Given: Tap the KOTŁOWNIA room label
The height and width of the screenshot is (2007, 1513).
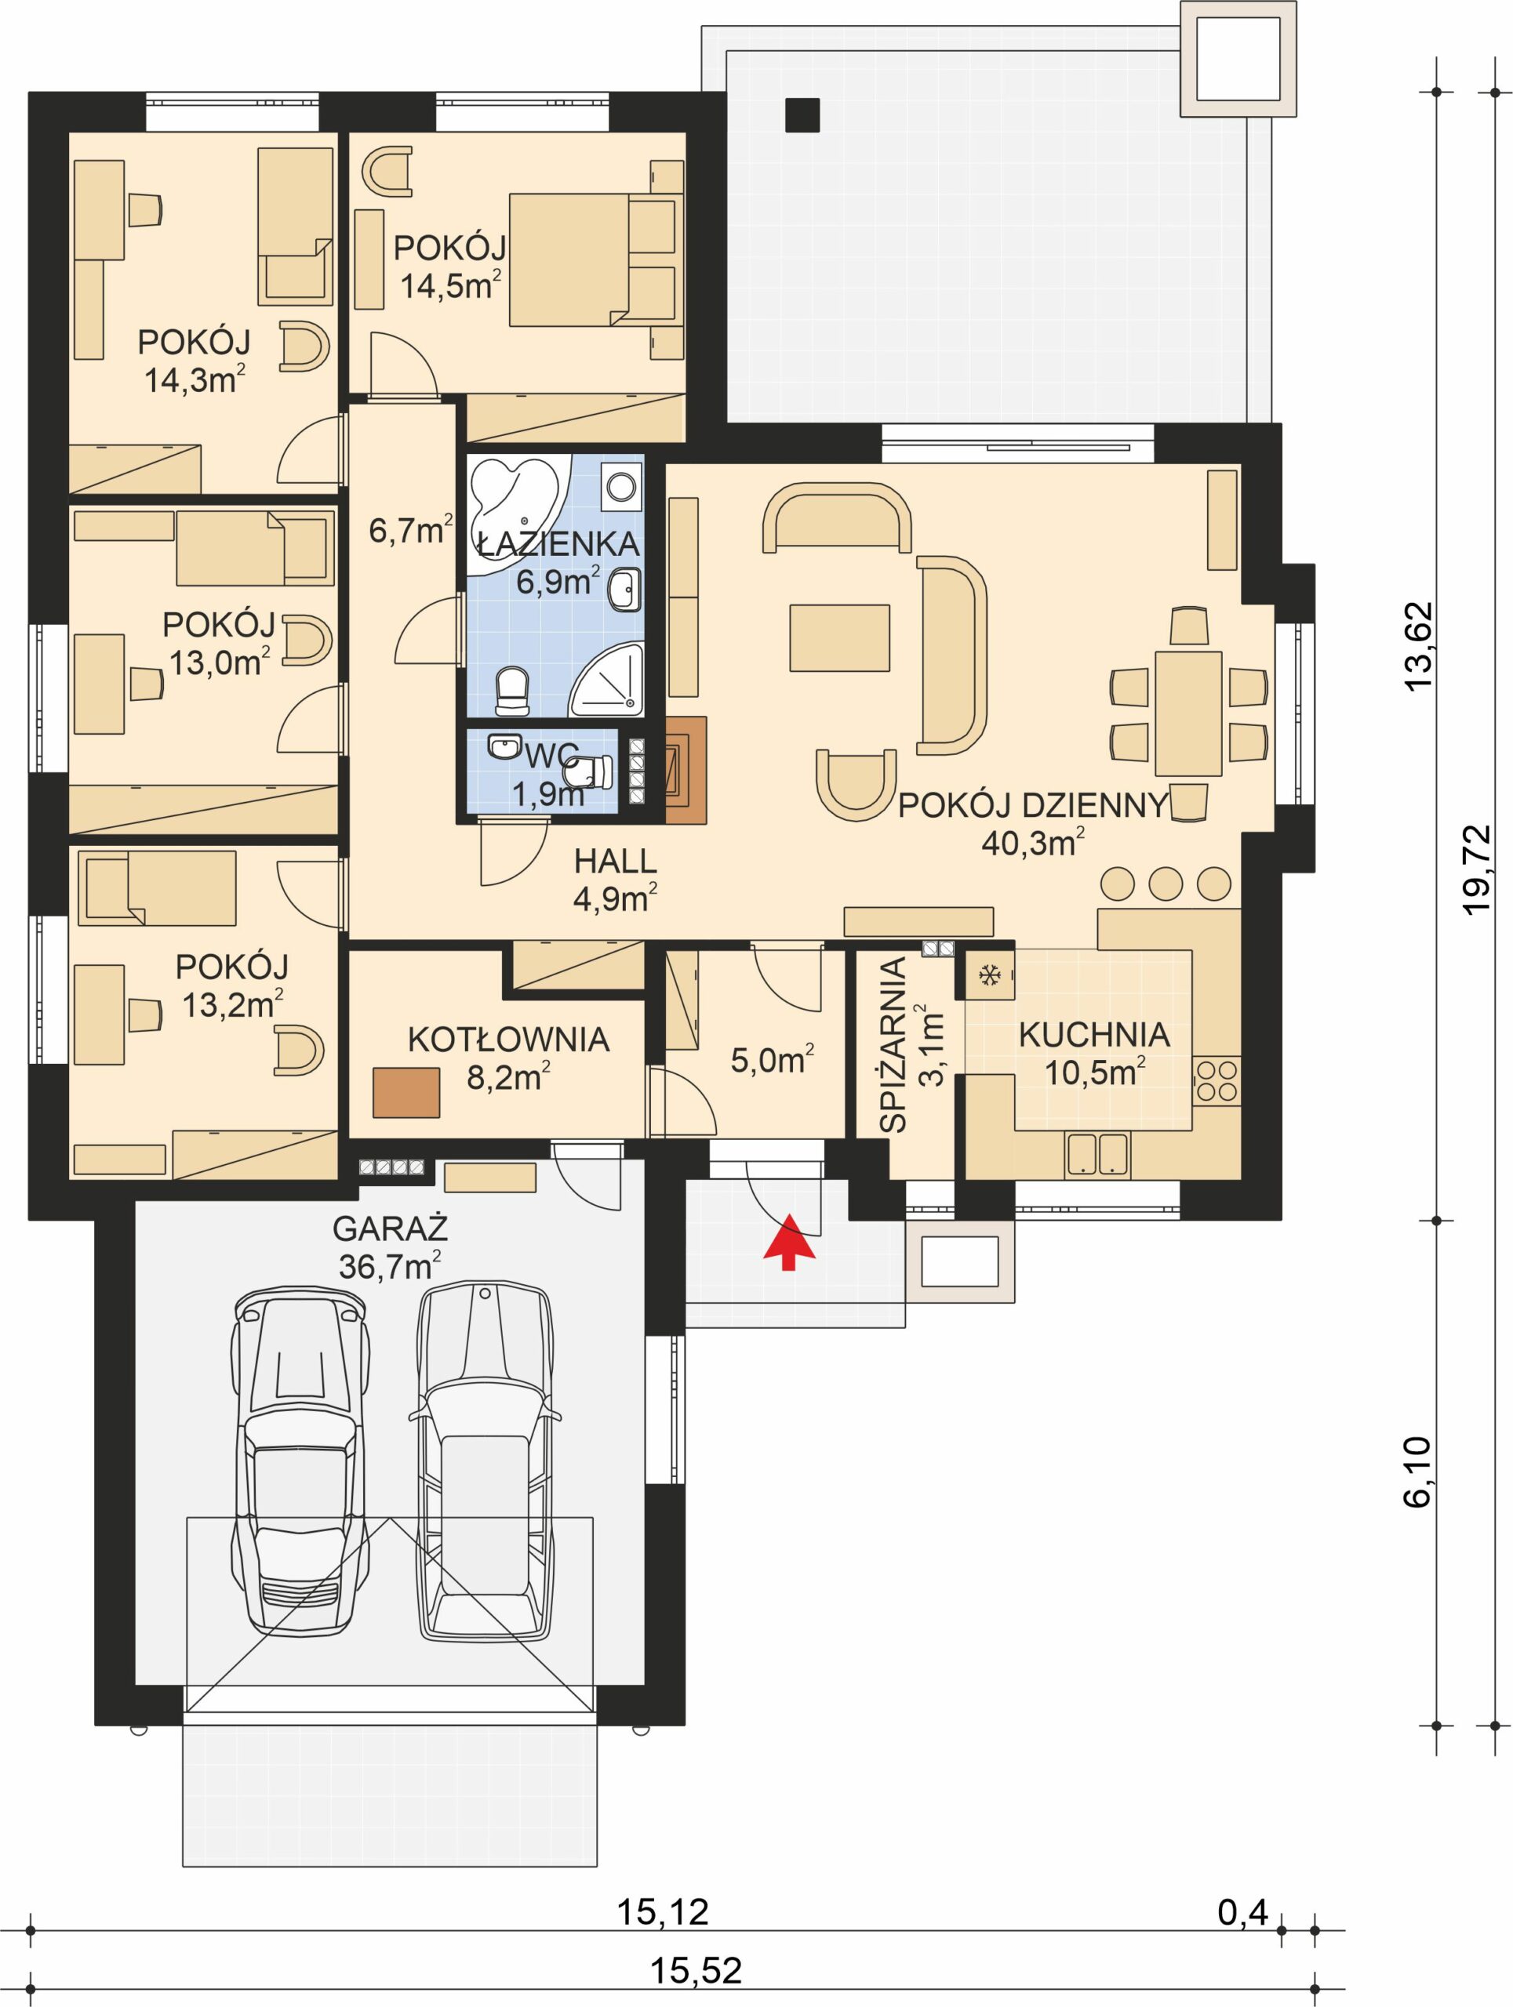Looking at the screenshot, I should pos(507,1040).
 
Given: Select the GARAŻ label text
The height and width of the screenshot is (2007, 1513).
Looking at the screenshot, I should pos(391,1229).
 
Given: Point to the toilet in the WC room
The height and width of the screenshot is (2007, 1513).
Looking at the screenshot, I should pos(591,772).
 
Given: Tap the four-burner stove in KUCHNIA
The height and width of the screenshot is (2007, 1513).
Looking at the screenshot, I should pos(1217,1080).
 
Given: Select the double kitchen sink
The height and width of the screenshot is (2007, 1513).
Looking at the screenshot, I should pos(1097,1155).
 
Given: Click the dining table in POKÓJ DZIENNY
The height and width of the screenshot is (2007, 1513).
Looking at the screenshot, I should pos(1188,713).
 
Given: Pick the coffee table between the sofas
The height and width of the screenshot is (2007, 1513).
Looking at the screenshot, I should pos(838,638).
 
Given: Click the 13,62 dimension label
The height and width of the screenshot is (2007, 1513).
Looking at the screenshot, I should pos(1417,646).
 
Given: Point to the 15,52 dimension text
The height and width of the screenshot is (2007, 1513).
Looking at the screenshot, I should pos(696,1970).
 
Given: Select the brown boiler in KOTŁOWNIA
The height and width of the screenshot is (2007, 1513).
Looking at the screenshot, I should pos(406,1092).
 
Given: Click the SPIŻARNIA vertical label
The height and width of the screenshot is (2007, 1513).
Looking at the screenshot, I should pos(895,1044).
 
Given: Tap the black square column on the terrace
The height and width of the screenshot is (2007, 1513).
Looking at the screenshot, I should pos(802,115).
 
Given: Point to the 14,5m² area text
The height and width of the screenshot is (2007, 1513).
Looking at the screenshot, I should pos(450,286).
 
